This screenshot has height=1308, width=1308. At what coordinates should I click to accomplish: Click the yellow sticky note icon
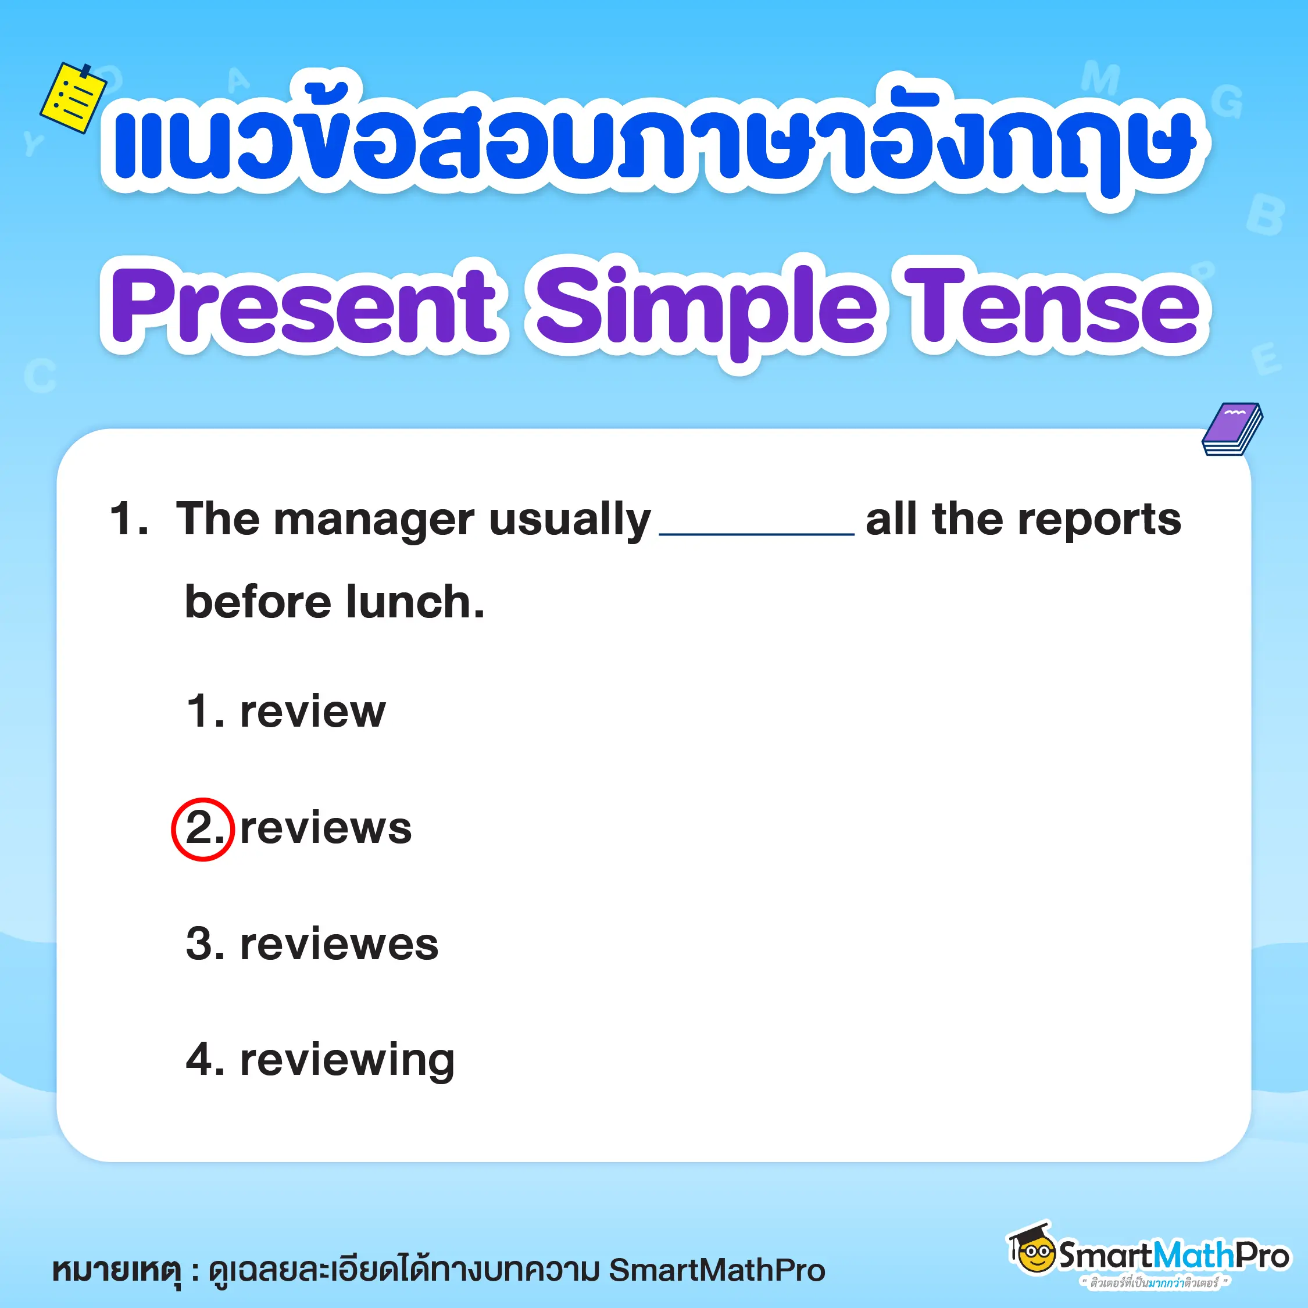pos(73,98)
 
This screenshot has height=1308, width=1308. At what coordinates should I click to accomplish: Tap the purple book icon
pos(1232,429)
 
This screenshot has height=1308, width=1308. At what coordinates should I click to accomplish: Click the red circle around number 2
pos(202,828)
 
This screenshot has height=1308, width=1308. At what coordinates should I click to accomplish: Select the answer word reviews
pos(326,828)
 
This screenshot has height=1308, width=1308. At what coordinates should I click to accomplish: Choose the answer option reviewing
pos(346,1061)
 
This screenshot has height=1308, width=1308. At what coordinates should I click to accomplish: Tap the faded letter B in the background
pos(1264,215)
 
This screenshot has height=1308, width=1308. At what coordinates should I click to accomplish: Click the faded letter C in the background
pos(40,375)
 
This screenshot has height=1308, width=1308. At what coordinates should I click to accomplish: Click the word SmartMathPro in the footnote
pos(717,1270)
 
